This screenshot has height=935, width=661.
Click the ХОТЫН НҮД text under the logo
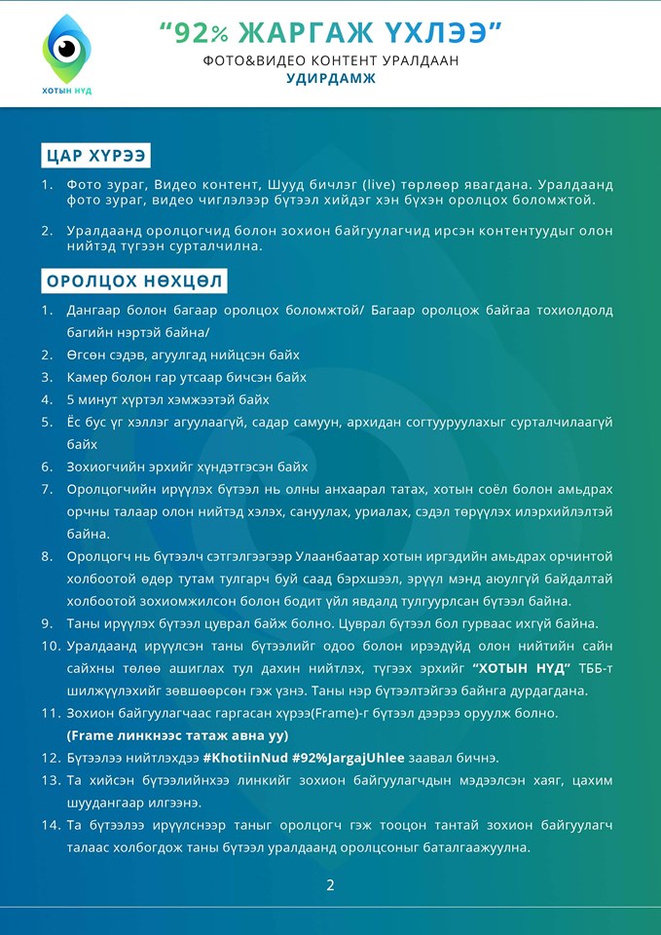click(67, 91)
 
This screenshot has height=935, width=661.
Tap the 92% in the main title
click(194, 32)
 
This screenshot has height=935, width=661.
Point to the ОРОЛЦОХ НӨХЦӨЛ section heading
click(134, 281)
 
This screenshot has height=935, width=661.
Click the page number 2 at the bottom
click(330, 884)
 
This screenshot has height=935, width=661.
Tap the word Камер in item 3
click(91, 377)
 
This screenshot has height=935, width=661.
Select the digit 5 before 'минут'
click(71, 399)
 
